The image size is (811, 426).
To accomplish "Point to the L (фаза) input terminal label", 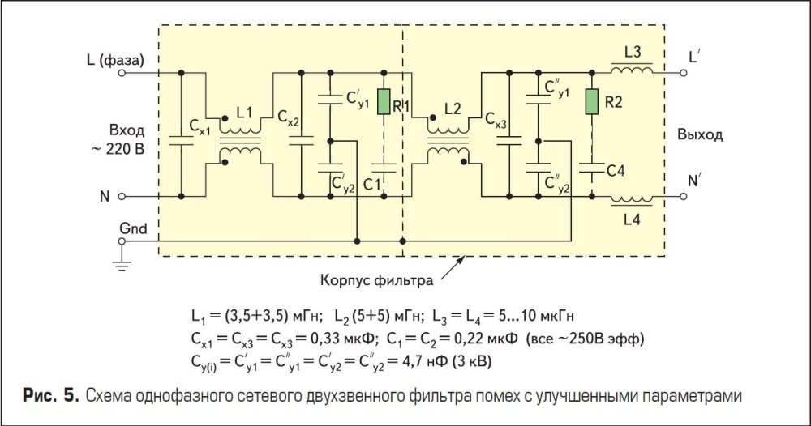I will point(114,59).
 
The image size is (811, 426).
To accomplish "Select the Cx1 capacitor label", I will point(200,127).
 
